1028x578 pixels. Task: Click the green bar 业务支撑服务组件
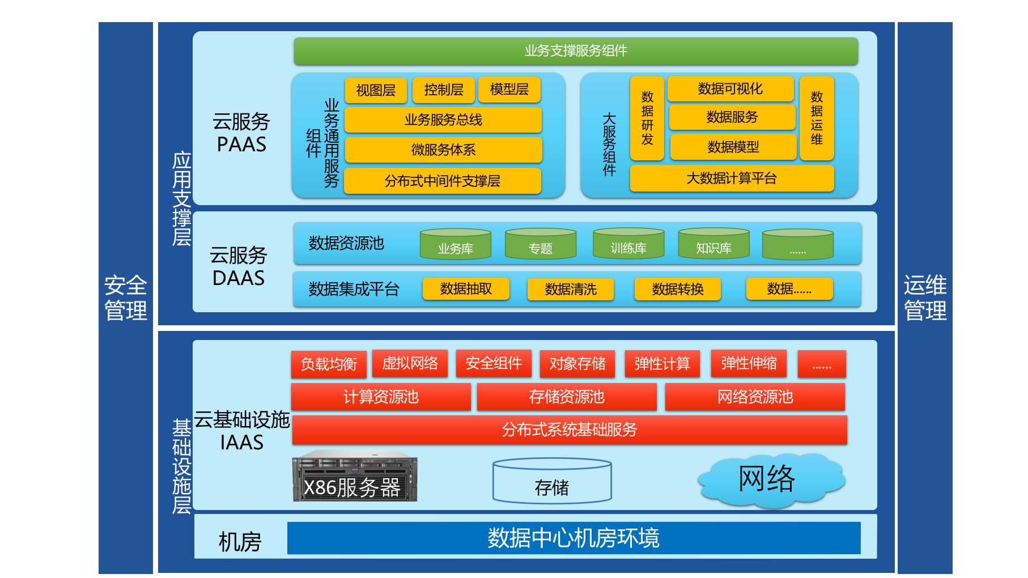575,51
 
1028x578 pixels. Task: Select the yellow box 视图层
376,90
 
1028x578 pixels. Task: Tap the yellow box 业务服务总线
443,120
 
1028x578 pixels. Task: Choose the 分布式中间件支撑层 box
442,181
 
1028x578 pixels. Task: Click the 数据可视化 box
730,89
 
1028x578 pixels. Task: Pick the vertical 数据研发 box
647,118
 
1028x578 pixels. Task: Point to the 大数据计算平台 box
731,178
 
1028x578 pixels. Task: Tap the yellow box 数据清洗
570,289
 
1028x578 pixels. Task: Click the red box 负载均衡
329,364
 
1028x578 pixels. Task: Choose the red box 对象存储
577,363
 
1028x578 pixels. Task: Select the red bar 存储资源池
567,397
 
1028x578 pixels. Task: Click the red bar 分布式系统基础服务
569,430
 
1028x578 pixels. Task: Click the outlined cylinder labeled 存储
552,482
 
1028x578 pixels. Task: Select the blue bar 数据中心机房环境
574,538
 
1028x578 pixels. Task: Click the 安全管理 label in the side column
126,297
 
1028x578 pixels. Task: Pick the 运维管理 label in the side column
925,297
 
